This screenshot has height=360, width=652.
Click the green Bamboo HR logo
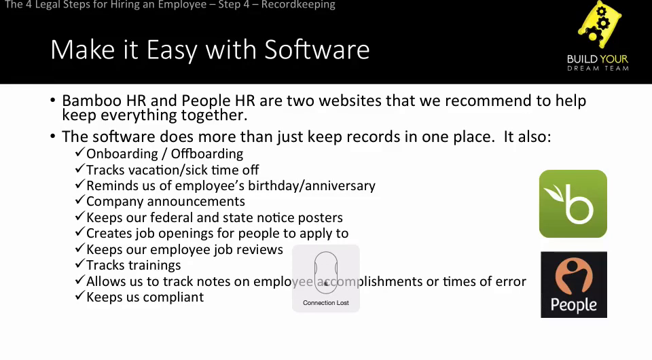pyautogui.click(x=573, y=204)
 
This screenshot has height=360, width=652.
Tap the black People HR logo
pyautogui.click(x=574, y=285)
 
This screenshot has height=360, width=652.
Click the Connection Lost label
pyautogui.click(x=325, y=303)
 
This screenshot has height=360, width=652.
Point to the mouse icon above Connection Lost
pyautogui.click(x=325, y=272)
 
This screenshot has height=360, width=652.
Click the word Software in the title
pyautogui.click(x=317, y=50)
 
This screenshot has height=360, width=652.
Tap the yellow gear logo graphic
pyautogui.click(x=599, y=24)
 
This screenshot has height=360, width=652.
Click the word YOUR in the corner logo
pyautogui.click(x=613, y=60)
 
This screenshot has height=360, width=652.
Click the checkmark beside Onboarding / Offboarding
pyautogui.click(x=80, y=152)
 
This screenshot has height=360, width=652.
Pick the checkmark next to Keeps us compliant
pyautogui.click(x=80, y=295)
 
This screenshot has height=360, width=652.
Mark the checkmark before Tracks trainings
pyautogui.click(x=80, y=264)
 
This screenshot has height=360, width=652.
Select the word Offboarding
pyautogui.click(x=207, y=154)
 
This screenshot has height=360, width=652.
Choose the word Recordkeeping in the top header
pyautogui.click(x=298, y=5)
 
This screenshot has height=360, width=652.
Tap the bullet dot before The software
pyautogui.click(x=52, y=136)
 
